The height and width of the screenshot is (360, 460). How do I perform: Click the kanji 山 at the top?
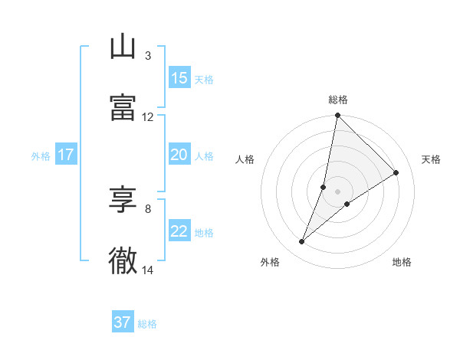pyautogui.click(x=123, y=47)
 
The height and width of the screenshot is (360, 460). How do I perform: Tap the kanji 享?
pyautogui.click(x=123, y=200)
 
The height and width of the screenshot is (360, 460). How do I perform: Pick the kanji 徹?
pyautogui.click(x=123, y=260)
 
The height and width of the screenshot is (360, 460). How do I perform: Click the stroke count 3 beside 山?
pyautogui.click(x=147, y=56)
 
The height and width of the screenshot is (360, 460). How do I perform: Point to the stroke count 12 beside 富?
pyautogui.click(x=147, y=117)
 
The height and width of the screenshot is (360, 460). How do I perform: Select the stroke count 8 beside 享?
pyautogui.click(x=147, y=208)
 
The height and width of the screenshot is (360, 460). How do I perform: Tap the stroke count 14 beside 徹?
pyautogui.click(x=147, y=270)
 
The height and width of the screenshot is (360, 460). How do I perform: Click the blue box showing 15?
pyautogui.click(x=179, y=78)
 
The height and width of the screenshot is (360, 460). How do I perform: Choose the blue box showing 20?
pyautogui.click(x=179, y=155)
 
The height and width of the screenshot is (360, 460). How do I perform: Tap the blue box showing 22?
pyautogui.click(x=179, y=231)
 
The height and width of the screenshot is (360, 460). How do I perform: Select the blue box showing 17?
pyautogui.click(x=66, y=155)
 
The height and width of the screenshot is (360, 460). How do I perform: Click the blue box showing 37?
pyautogui.click(x=123, y=322)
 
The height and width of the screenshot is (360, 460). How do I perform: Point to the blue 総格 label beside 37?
pyautogui.click(x=147, y=324)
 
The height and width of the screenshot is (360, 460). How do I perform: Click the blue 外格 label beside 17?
pyautogui.click(x=41, y=156)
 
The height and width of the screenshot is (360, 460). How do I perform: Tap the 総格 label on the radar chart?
pyautogui.click(x=338, y=100)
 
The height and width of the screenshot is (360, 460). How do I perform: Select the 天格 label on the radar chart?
pyautogui.click(x=432, y=159)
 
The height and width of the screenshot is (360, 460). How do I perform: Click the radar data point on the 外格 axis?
pyautogui.click(x=302, y=242)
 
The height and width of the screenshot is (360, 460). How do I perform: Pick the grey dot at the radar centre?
pyautogui.click(x=338, y=191)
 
